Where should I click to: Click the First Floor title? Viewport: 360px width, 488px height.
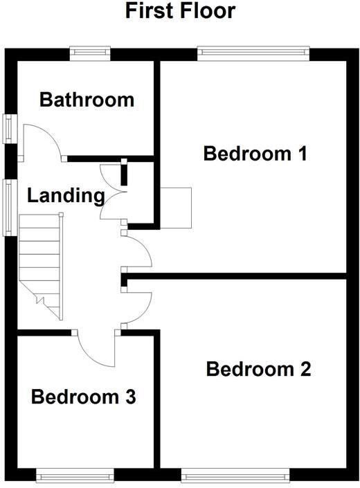(180, 11)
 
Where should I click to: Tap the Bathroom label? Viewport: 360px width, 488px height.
(87, 100)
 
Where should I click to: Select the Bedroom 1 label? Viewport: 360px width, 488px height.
(255, 153)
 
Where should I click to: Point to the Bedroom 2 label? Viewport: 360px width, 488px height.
(258, 369)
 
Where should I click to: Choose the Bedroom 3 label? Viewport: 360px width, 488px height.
(83, 397)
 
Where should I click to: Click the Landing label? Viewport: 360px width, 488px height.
(65, 196)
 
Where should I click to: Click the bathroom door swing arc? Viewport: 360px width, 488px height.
(46, 138)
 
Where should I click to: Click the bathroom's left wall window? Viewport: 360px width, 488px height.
(8, 127)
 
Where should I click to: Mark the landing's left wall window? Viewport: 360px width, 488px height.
(8, 207)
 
